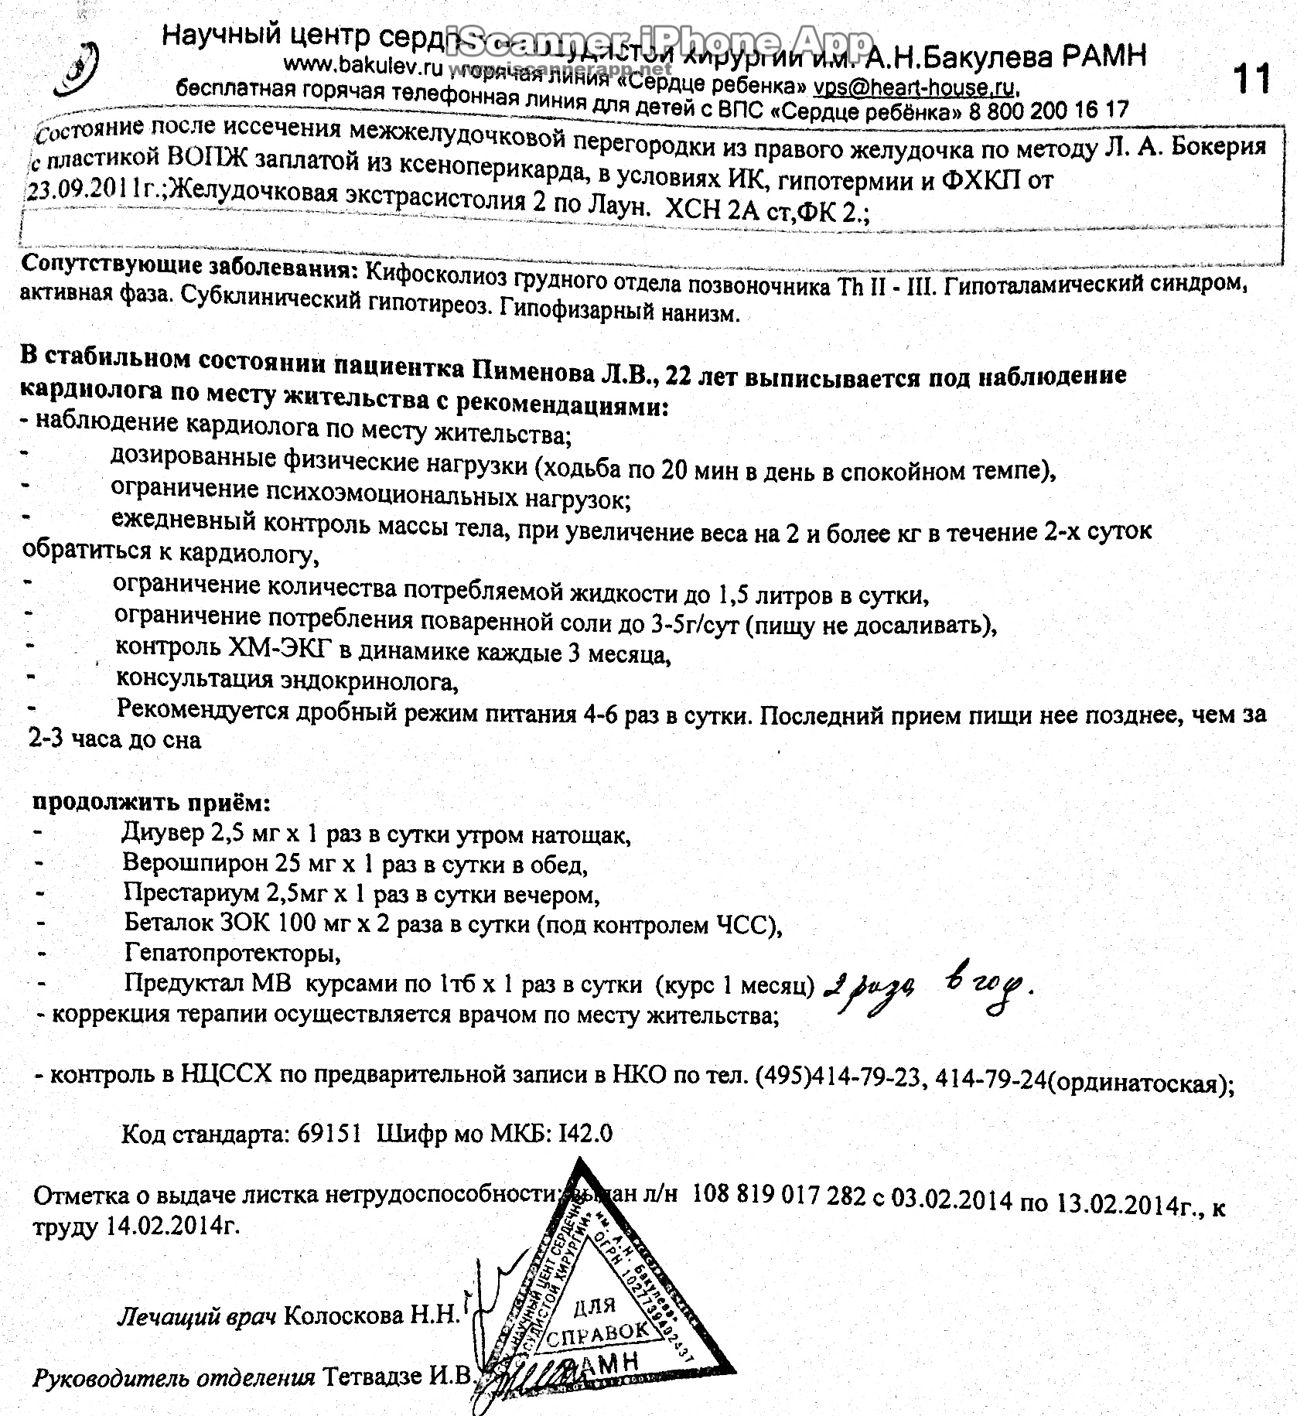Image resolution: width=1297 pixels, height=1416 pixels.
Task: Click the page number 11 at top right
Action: (1251, 79)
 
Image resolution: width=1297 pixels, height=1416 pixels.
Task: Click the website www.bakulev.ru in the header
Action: (363, 67)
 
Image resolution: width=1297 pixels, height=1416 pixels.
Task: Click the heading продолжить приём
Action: (151, 802)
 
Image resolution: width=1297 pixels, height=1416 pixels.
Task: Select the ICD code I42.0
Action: (585, 1134)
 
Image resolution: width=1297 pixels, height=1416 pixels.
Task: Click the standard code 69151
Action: (329, 1134)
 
